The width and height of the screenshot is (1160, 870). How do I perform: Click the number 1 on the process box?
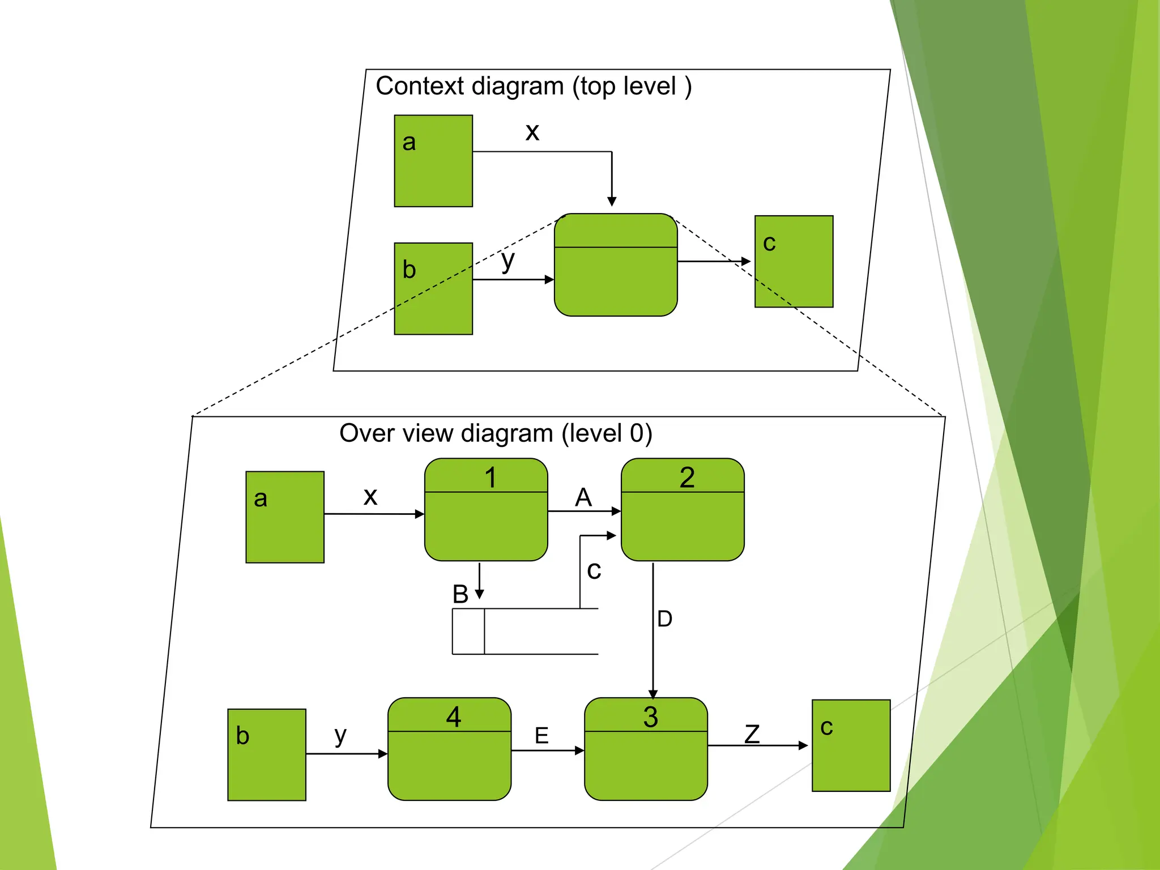pos(491,477)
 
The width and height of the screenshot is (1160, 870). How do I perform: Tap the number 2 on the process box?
pos(687,477)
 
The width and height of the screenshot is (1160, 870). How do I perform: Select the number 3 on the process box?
pos(650,717)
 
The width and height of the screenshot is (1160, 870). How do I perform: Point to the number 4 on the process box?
pos(453,717)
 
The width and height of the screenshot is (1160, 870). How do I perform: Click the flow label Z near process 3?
pos(752,734)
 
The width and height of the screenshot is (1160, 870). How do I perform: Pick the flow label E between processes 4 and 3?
pos(541,736)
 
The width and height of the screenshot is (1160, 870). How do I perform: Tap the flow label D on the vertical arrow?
pos(665,619)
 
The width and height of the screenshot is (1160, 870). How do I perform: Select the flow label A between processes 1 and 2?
pos(583,497)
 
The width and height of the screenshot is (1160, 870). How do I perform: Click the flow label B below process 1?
pos(460,594)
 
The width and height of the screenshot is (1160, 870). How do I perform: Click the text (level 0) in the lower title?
pos(607,433)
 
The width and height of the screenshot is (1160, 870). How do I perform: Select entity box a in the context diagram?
pos(433,161)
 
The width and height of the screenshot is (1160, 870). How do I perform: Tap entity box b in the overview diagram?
pos(267,754)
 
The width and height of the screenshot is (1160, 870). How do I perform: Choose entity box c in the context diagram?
pos(794,261)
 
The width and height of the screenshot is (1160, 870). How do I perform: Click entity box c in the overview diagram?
pos(851,745)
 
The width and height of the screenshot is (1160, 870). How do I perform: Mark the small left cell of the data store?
pos(468,632)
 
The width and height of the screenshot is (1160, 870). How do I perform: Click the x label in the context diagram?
pos(532,132)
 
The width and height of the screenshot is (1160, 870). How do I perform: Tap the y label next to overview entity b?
pos(340,735)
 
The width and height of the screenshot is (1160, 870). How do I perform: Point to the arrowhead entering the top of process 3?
pos(653,694)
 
